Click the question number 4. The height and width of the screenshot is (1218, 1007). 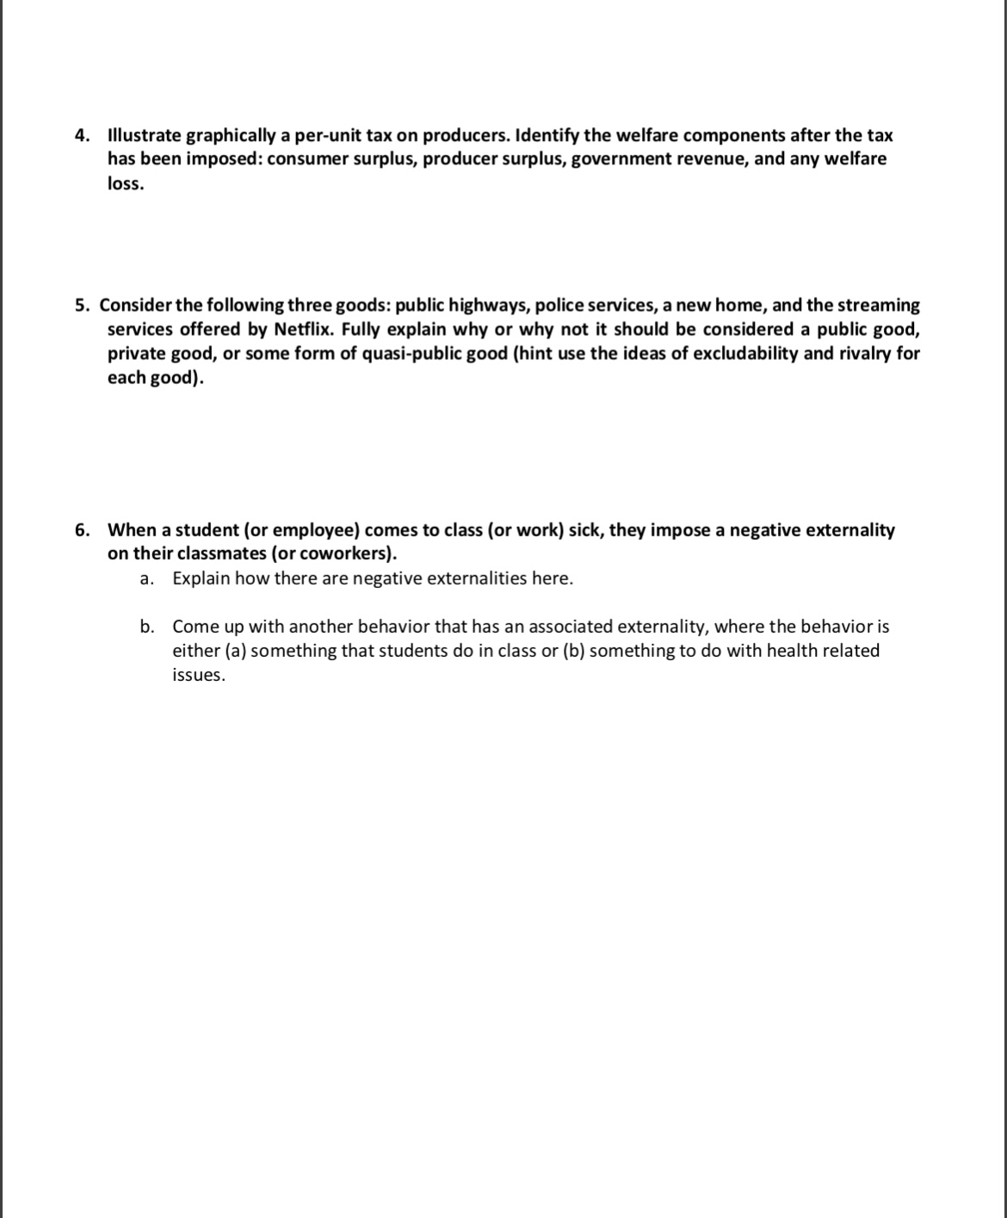pyautogui.click(x=82, y=135)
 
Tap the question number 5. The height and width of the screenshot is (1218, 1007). pyautogui.click(x=82, y=306)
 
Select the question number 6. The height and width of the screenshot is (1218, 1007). pyautogui.click(x=82, y=529)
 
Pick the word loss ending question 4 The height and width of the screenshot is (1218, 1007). pyautogui.click(x=125, y=183)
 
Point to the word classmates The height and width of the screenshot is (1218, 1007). pyautogui.click(x=222, y=553)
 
